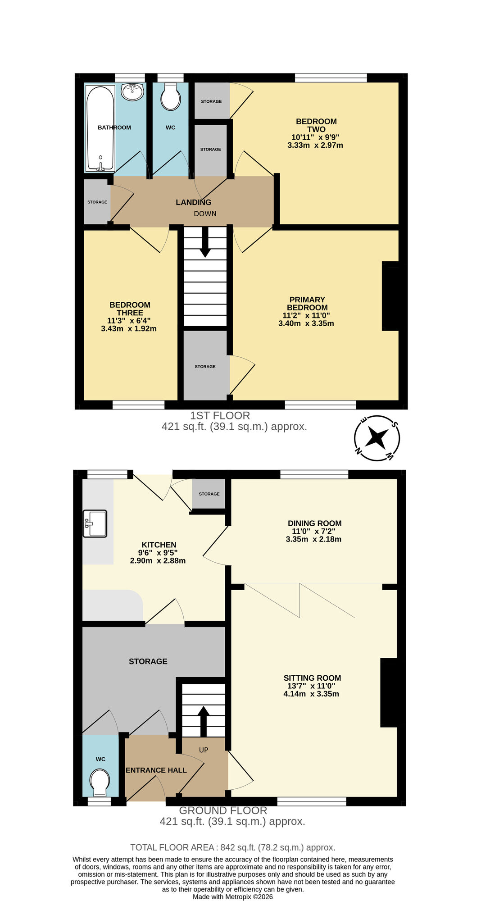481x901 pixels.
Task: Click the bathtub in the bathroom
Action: [x=100, y=128]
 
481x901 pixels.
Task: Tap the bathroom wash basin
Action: [x=132, y=92]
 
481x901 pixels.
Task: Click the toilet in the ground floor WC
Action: [x=100, y=783]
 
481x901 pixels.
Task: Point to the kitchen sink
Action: [x=95, y=523]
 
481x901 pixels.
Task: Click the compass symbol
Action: [x=377, y=438]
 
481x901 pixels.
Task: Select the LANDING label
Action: [x=193, y=203]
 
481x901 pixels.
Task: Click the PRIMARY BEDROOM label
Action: [x=307, y=304]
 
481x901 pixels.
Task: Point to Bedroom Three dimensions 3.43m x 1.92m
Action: [x=129, y=329]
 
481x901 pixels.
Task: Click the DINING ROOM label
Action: [x=314, y=523]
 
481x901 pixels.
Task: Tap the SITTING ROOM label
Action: [x=312, y=678]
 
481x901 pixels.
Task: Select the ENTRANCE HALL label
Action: [x=156, y=770]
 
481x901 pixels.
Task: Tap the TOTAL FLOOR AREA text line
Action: [x=232, y=847]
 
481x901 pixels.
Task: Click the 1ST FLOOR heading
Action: [x=220, y=416]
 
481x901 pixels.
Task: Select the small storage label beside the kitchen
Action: [x=209, y=494]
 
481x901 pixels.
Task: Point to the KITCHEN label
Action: [x=159, y=545]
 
